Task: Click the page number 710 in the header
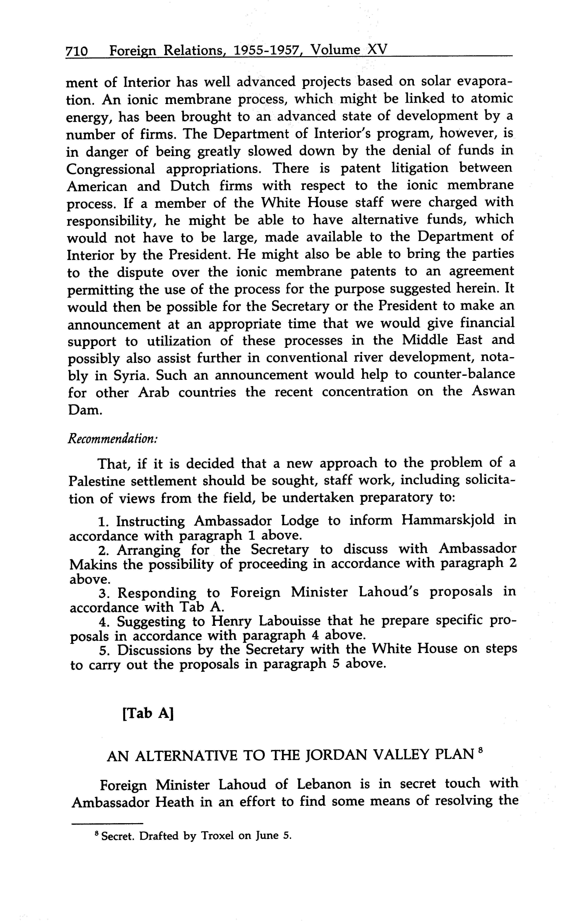(77, 50)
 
